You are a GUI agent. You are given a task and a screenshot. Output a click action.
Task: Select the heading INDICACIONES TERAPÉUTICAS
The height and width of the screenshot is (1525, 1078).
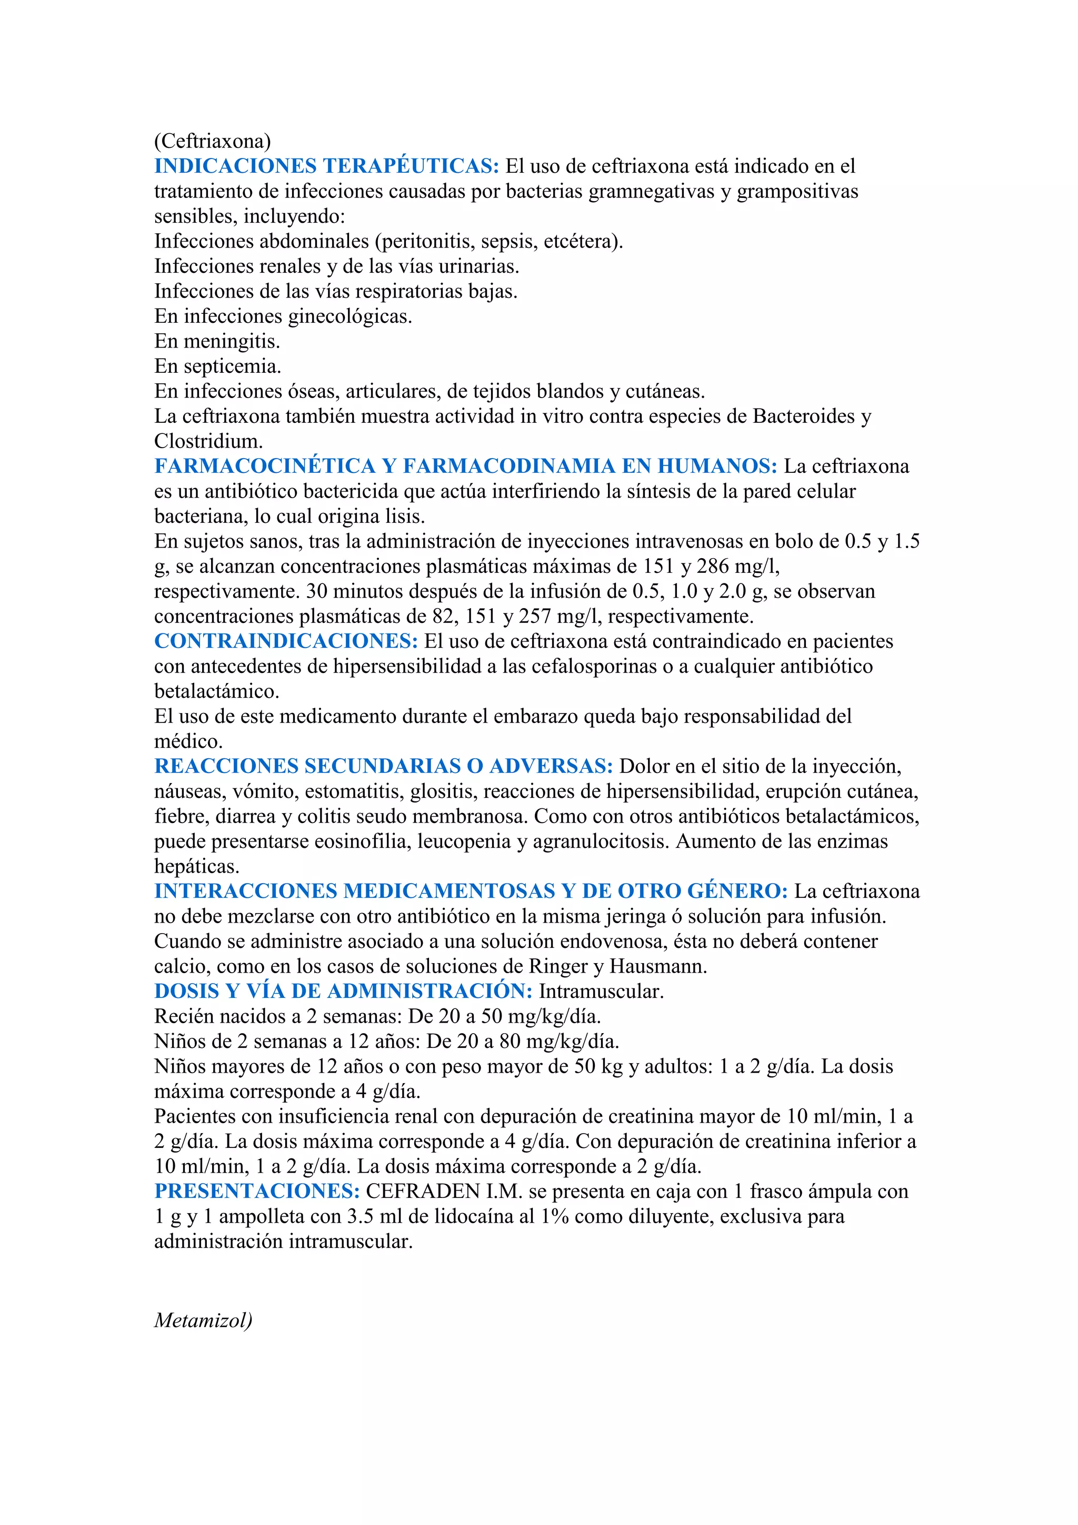pos(326,166)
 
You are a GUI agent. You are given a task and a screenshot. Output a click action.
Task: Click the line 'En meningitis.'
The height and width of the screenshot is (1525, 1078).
pos(217,341)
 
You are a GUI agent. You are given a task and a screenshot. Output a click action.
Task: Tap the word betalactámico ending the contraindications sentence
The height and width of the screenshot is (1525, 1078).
pos(216,691)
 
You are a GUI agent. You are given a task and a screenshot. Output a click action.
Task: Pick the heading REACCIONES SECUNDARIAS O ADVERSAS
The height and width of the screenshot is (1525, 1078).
pos(384,767)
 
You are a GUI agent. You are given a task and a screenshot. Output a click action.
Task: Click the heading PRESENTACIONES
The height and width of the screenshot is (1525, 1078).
pos(257,1192)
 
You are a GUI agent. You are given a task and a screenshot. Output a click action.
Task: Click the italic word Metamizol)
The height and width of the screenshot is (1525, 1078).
pos(203,1321)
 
